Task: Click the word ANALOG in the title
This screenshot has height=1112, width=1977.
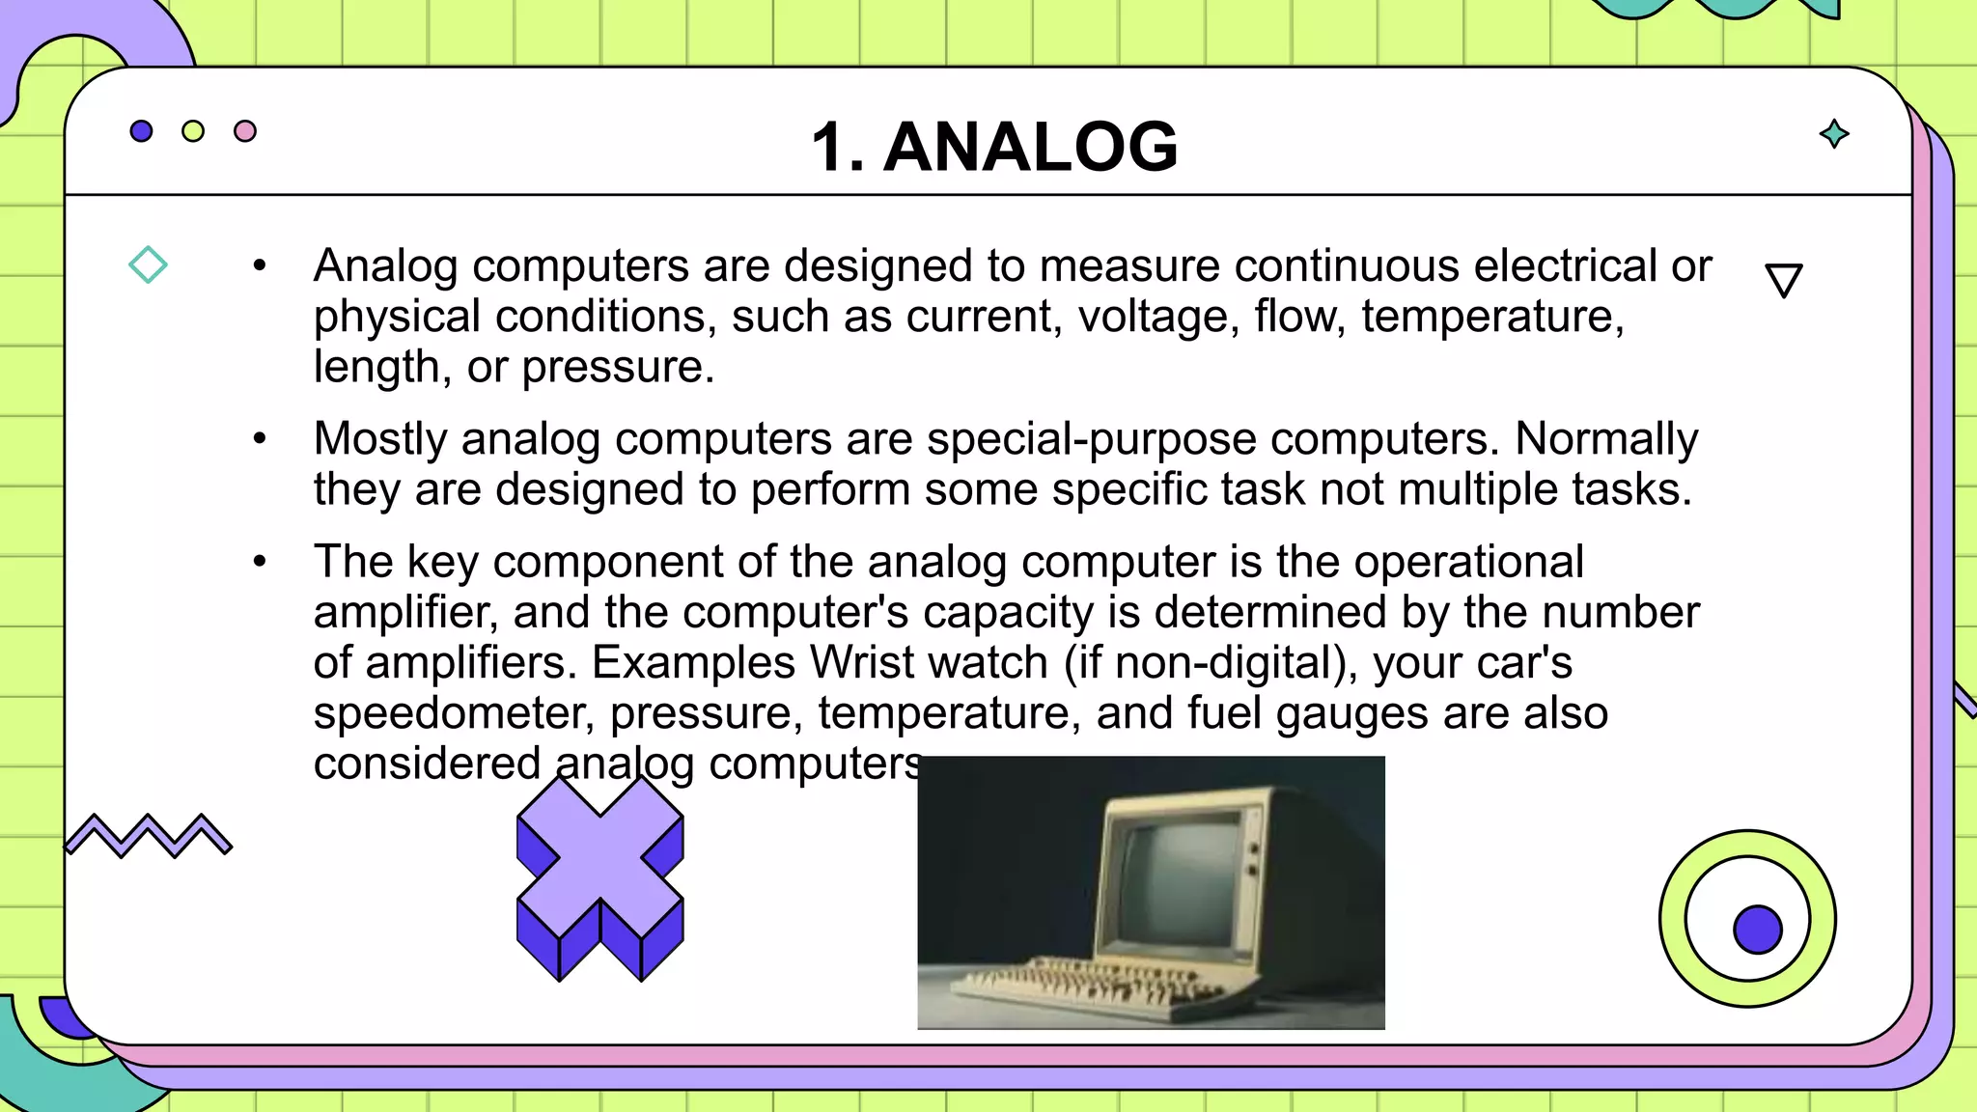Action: pyautogui.click(x=1030, y=148)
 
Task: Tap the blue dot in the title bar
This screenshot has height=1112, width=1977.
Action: pyautogui.click(x=141, y=131)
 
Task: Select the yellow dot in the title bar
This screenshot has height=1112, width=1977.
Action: pyautogui.click(x=193, y=131)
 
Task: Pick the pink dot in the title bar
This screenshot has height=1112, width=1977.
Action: pyautogui.click(x=245, y=131)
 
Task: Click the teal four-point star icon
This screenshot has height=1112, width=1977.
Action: pyautogui.click(x=1834, y=134)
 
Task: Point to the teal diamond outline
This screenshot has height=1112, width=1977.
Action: pyautogui.click(x=148, y=264)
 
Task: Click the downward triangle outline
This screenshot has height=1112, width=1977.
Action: pyautogui.click(x=1784, y=280)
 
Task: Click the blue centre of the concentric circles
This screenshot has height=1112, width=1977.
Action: pyautogui.click(x=1757, y=930)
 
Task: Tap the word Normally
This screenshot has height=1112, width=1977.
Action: pyautogui.click(x=1606, y=439)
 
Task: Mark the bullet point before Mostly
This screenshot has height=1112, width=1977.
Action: pyautogui.click(x=259, y=439)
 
